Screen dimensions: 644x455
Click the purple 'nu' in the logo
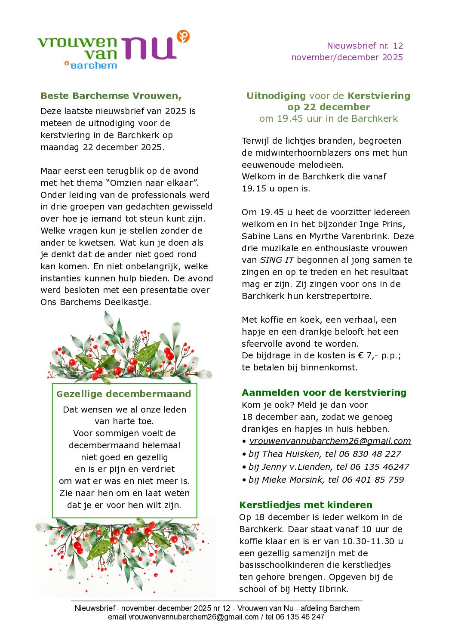pyautogui.click(x=148, y=48)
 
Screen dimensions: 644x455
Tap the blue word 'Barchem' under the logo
pyautogui.click(x=93, y=65)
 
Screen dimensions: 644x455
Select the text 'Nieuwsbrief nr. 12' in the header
pyautogui.click(x=365, y=46)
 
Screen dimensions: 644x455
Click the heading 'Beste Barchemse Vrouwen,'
pyautogui.click(x=111, y=96)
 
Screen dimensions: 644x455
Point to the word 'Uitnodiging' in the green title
pyautogui.click(x=276, y=96)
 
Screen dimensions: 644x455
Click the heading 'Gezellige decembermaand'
pyautogui.click(x=124, y=394)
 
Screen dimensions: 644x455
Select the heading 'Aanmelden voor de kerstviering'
pyautogui.click(x=324, y=393)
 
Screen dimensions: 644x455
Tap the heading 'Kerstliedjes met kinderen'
pyautogui.click(x=306, y=505)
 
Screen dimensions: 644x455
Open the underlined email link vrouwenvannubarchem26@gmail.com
pyautogui.click(x=330, y=441)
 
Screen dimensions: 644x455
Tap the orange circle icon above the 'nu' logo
pyautogui.click(x=183, y=37)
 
